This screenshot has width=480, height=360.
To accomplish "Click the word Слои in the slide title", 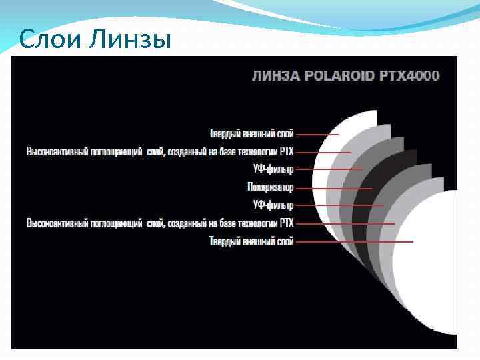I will [x=46, y=41].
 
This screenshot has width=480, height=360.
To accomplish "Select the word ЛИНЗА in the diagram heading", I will [x=275, y=75].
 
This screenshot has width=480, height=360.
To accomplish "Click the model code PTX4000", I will [x=412, y=75].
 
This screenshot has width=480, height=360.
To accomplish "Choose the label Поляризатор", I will [x=270, y=187].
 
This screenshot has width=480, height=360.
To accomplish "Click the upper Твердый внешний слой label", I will [x=251, y=133].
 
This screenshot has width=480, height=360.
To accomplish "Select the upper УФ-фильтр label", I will [x=273, y=169].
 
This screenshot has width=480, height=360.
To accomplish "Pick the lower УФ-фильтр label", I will [x=273, y=205].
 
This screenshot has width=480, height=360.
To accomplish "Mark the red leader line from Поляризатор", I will [x=333, y=188].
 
